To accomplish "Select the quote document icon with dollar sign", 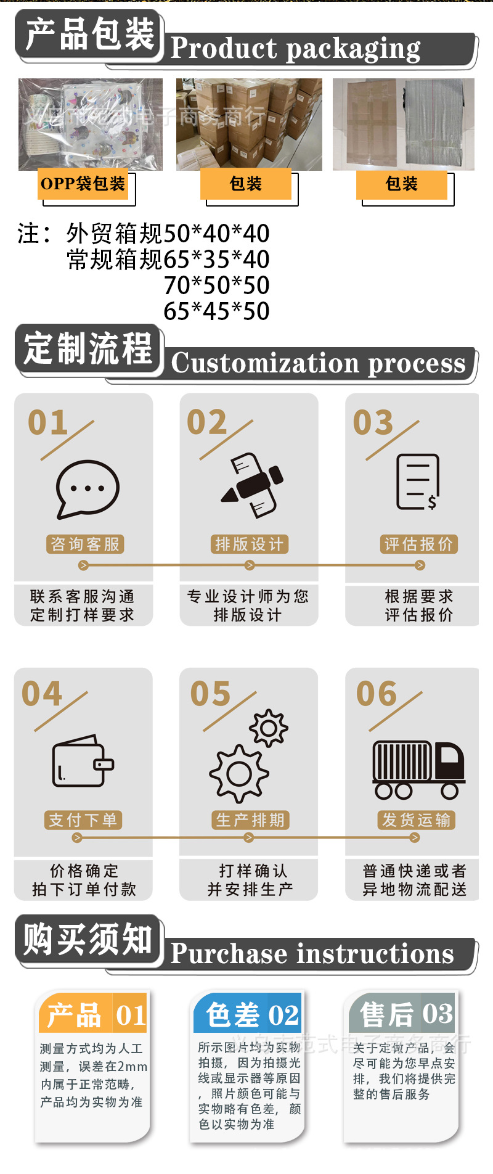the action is pos(418,482).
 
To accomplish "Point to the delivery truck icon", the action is pos(418,770).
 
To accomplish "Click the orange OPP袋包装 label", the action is pos(83,184).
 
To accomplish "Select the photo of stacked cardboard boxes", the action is pos(249,125).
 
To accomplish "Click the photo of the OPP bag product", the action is pos(91,125).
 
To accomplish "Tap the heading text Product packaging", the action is pos(295,48).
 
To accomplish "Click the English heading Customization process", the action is pos(318,363).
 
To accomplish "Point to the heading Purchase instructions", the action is pos(312,954).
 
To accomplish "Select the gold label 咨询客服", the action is pos(84,544).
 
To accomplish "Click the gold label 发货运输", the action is pos(416,820).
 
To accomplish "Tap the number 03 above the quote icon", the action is pos(373,423).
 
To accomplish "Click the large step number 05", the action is pos(210,694).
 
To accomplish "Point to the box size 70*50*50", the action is pos(216,285).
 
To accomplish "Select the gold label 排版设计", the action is pos(249,544).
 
